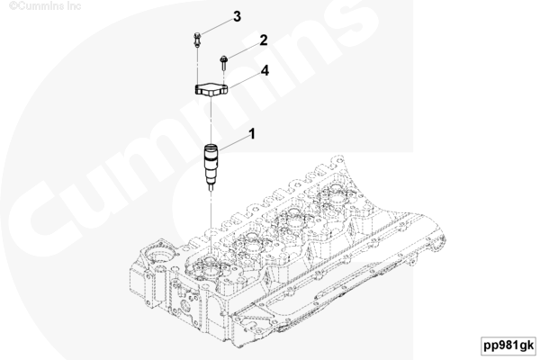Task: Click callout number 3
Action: click(237, 16)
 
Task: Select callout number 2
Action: click(264, 40)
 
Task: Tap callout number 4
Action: click(265, 70)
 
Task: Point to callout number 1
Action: click(252, 134)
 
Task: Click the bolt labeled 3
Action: click(196, 40)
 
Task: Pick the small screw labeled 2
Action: click(223, 62)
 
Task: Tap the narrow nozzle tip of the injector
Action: click(211, 188)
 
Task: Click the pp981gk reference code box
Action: click(508, 346)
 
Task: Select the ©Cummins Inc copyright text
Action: click(45, 6)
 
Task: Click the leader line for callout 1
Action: click(233, 143)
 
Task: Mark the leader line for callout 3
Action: click(217, 26)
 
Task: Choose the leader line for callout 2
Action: click(243, 51)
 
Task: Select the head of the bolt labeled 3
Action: click(196, 35)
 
